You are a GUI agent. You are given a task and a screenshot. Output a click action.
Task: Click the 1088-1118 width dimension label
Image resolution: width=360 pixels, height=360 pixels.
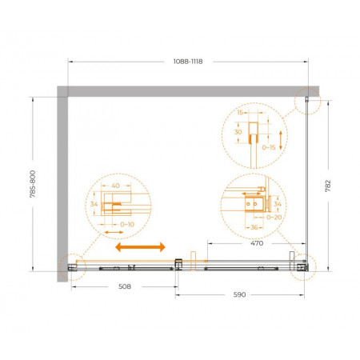[x=188, y=62]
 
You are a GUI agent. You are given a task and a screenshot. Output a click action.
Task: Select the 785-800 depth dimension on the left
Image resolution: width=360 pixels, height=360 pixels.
[x=33, y=184]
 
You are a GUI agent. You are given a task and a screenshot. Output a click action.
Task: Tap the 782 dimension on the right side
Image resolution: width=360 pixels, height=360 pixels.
[x=328, y=186]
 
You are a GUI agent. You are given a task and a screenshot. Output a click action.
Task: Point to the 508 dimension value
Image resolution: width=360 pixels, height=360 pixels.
[x=125, y=286]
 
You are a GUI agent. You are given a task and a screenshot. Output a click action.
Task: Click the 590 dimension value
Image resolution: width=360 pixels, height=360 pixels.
[x=239, y=294]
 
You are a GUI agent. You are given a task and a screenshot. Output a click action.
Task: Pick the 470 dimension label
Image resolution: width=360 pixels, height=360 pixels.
[x=257, y=243]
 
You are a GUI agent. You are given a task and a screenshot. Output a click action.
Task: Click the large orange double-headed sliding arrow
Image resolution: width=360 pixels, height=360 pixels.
[x=140, y=247]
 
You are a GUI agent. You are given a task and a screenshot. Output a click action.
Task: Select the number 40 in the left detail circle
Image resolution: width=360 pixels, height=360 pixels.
[x=115, y=186]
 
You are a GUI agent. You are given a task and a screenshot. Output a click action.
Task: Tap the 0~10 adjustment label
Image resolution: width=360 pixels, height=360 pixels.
[x=127, y=225]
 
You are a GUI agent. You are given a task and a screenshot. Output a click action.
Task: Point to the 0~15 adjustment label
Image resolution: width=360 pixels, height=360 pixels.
[x=269, y=147]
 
